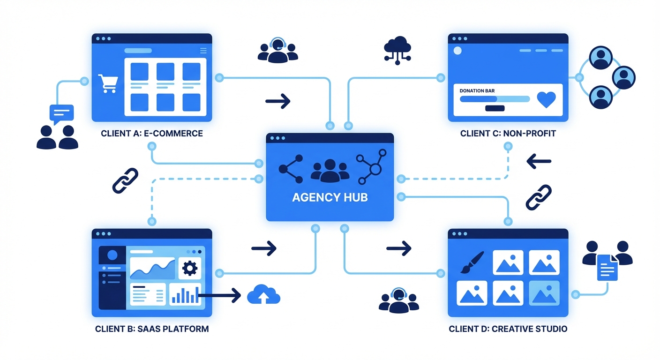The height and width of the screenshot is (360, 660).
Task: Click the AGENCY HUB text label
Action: (x=330, y=197)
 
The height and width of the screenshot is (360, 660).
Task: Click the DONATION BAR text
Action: (x=477, y=90)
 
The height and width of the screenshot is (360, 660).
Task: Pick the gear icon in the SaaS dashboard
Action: (x=190, y=268)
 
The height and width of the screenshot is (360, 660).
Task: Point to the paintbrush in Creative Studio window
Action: (x=472, y=262)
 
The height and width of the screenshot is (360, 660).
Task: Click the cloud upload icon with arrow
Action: (x=263, y=294)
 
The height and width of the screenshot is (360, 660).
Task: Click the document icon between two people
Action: (x=607, y=267)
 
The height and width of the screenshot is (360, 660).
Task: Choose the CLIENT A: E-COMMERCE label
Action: (x=152, y=134)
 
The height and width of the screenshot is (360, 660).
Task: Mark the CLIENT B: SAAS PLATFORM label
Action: (x=152, y=329)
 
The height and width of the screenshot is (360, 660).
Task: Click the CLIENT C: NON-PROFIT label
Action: (x=508, y=134)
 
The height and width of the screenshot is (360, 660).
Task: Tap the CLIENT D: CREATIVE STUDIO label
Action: (x=508, y=329)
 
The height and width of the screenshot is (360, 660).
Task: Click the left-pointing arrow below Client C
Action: (x=539, y=162)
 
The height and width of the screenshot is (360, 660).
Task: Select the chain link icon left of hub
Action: (x=125, y=180)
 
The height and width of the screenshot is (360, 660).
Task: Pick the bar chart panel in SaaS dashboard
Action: (x=185, y=294)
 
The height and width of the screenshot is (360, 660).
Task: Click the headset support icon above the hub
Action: (x=278, y=50)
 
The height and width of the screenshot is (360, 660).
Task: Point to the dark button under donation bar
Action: (x=495, y=108)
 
